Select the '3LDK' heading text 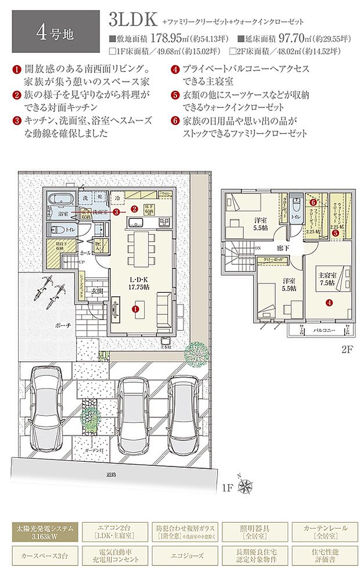(132, 20)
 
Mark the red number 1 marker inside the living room (136, 310)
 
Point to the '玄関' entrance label (96, 290)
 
